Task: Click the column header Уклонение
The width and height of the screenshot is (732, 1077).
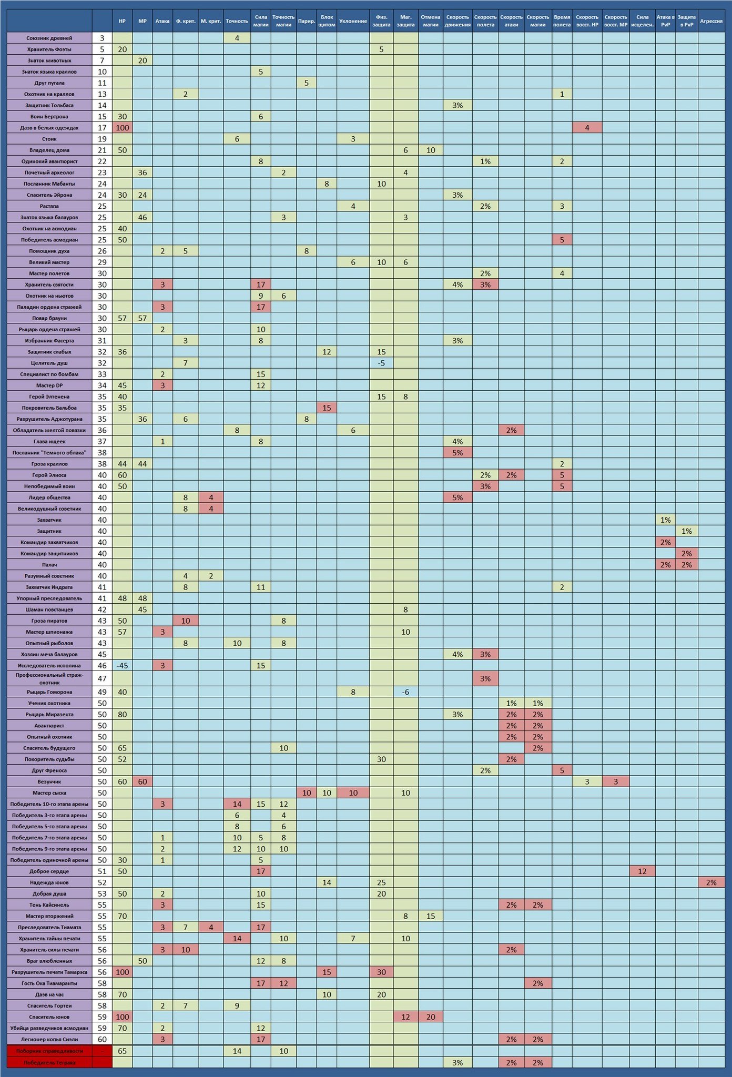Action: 353,21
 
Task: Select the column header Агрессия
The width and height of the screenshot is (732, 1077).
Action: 711,21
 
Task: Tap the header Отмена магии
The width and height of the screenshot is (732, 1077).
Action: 431,21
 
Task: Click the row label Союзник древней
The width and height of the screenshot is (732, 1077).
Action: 49,38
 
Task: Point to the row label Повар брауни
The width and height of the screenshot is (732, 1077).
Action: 49,318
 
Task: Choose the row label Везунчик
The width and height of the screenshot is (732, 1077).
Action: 49,781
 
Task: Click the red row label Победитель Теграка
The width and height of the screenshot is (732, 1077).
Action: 49,1062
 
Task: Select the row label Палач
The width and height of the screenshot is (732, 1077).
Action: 49,565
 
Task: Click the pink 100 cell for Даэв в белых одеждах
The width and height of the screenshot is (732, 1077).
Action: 122,128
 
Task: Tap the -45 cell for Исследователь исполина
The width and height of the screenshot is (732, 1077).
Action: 122,665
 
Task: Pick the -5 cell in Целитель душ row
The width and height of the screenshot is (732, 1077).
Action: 381,363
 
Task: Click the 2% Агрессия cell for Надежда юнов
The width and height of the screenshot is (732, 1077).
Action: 711,882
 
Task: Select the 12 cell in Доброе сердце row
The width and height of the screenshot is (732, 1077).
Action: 642,871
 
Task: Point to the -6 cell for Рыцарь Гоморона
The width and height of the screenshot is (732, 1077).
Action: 405,692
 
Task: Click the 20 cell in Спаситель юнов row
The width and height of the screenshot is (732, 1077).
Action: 431,1017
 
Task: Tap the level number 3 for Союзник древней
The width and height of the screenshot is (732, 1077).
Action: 102,38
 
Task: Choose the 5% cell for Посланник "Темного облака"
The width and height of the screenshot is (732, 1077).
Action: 457,452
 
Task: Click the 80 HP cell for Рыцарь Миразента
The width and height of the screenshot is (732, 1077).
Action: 122,714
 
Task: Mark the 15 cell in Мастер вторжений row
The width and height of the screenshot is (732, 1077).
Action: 431,916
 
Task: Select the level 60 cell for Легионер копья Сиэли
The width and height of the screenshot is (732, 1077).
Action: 102,1039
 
